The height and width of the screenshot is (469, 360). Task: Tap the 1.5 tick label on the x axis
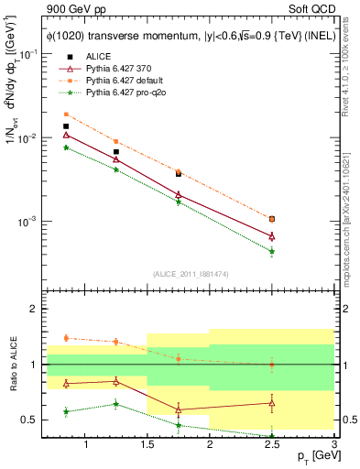pyautogui.click(x=147, y=445)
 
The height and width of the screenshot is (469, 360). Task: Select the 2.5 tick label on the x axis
pyautogui.click(x=272, y=445)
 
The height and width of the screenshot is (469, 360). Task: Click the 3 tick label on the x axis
pyautogui.click(x=333, y=445)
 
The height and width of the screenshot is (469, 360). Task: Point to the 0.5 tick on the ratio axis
pyautogui.click(x=32, y=420)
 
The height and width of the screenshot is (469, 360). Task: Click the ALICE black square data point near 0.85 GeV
pyautogui.click(x=66, y=126)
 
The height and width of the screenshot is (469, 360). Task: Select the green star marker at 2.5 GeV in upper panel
pyautogui.click(x=272, y=251)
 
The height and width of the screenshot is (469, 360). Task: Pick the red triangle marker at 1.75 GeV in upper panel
pyautogui.click(x=179, y=194)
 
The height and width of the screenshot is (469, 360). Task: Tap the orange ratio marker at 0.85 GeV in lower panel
pyautogui.click(x=66, y=338)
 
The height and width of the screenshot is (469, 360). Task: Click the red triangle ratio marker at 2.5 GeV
pyautogui.click(x=272, y=402)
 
